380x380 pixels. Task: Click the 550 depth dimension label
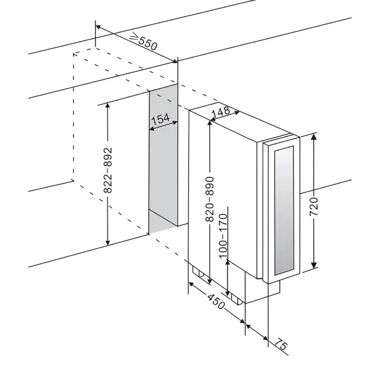[148, 43]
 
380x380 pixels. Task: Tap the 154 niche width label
[160, 119]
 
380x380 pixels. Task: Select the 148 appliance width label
[220, 112]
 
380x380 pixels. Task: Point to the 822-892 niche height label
[107, 170]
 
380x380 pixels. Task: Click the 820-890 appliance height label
[210, 199]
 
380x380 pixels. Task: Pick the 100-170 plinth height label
[223, 236]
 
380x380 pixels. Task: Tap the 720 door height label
[314, 207]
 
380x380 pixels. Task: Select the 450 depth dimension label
[216, 302]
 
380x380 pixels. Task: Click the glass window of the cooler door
[284, 210]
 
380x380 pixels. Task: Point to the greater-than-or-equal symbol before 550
[134, 37]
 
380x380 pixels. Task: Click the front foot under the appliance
[237, 299]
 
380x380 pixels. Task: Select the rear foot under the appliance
[199, 272]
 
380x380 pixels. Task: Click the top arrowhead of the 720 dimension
[314, 137]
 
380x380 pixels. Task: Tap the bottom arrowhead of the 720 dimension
[314, 265]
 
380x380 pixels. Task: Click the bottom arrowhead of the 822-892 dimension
[108, 242]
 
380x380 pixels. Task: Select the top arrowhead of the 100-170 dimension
[227, 262]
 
